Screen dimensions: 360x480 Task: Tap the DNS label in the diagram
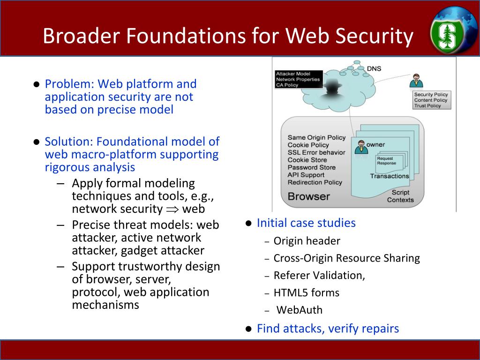point(374,68)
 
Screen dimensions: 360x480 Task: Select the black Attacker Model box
point(298,79)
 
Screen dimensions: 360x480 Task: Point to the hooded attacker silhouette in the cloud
point(334,90)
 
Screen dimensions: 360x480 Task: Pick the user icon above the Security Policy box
point(416,81)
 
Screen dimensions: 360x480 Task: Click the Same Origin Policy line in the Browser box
point(316,137)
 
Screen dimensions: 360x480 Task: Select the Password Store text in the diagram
point(311,167)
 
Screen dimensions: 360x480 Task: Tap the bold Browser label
point(308,196)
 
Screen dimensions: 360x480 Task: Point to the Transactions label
point(389,176)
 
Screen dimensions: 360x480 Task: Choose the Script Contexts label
point(400,196)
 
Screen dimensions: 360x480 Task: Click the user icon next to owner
point(361,147)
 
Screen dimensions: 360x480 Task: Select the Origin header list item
point(307,241)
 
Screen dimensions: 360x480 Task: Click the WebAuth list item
point(299,310)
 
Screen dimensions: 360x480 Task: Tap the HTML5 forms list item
point(306,292)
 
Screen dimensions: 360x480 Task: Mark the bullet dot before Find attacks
point(249,329)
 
